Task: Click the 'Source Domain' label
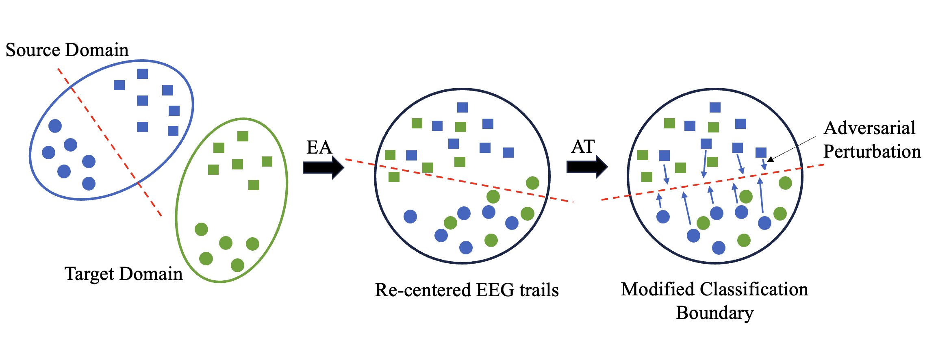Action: pos(67,50)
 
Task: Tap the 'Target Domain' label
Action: pos(124,274)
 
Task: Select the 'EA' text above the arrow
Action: pos(319,147)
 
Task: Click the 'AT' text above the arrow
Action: pos(583,147)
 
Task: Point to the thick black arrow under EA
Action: pos(323,167)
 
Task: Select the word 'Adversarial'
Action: pos(869,128)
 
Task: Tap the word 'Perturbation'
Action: pos(872,152)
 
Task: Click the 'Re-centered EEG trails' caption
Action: pos(467,290)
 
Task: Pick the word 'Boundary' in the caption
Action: pos(714,313)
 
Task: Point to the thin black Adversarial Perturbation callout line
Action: pos(793,149)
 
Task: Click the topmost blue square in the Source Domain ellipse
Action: pos(142,74)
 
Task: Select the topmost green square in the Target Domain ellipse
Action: pos(243,136)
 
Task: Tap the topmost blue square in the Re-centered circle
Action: pos(462,107)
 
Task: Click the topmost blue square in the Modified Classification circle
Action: pos(715,107)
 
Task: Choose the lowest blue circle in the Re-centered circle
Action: pos(466,247)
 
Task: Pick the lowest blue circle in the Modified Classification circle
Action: pos(719,247)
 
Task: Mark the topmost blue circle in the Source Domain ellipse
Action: pos(55,126)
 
